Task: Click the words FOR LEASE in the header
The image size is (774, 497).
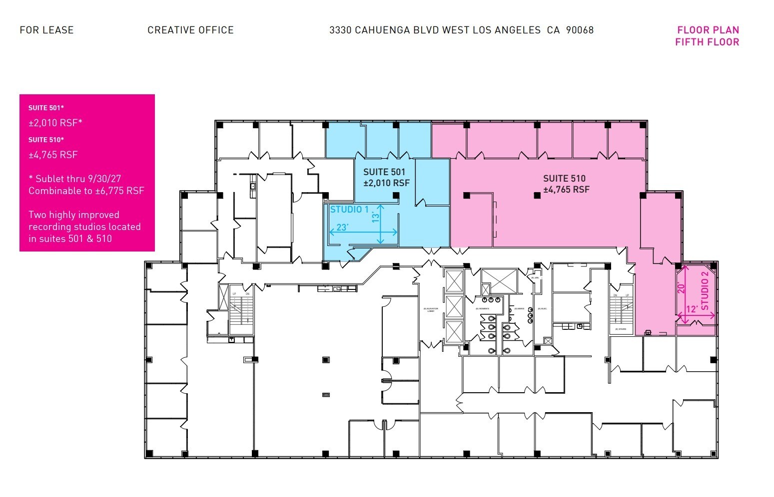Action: pyautogui.click(x=46, y=30)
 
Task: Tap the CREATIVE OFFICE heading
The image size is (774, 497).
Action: pyautogui.click(x=190, y=30)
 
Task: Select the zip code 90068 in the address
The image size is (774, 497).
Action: pyautogui.click(x=580, y=30)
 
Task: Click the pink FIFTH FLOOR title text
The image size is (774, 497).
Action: pyautogui.click(x=707, y=42)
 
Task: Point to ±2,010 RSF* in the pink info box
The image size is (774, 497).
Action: pyautogui.click(x=55, y=123)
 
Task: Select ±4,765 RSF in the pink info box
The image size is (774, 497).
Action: pyautogui.click(x=53, y=155)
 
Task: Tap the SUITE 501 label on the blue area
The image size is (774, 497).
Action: pyautogui.click(x=384, y=172)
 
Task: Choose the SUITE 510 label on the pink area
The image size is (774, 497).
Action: pyautogui.click(x=564, y=178)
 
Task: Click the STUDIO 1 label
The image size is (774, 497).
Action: pyautogui.click(x=349, y=210)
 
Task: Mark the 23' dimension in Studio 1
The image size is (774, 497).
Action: pyautogui.click(x=342, y=228)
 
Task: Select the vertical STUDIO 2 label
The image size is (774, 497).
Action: pyautogui.click(x=705, y=291)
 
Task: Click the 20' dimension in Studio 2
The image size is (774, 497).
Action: pyautogui.click(x=681, y=288)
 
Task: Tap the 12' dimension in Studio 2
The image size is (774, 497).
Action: pyautogui.click(x=692, y=309)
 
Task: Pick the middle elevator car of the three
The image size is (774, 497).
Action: pyautogui.click(x=454, y=306)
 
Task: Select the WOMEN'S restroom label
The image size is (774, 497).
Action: pyautogui.click(x=483, y=309)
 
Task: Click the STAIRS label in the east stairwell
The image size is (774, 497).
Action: pyautogui.click(x=621, y=329)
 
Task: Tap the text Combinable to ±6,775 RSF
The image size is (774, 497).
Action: pyautogui.click(x=86, y=191)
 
